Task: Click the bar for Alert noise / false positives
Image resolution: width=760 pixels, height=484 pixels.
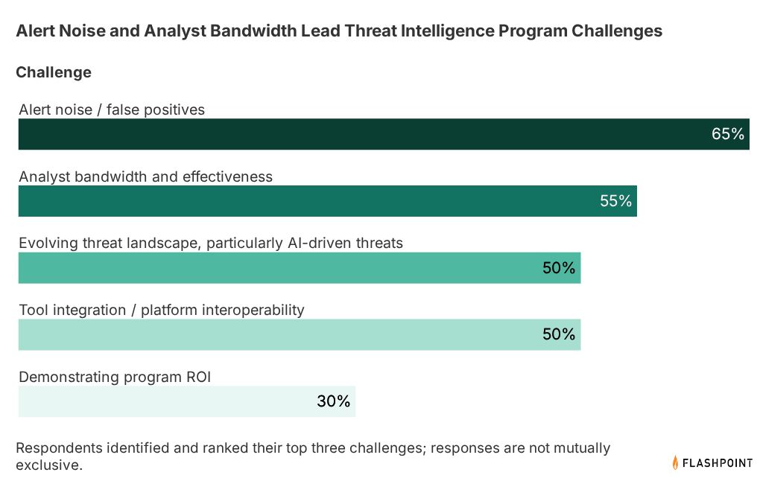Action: (384, 134)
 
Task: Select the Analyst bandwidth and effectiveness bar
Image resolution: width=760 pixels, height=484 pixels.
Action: (328, 200)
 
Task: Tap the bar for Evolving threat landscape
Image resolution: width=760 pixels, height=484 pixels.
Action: (300, 267)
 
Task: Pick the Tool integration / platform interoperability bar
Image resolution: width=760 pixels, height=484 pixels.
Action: (300, 334)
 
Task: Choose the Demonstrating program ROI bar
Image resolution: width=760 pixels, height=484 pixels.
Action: (187, 401)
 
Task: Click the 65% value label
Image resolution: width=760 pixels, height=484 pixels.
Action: (727, 134)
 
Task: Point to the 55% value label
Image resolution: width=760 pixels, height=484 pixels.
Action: (615, 200)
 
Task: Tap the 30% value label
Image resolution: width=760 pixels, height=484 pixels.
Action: (334, 401)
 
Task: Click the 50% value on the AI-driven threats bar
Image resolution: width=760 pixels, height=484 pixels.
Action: (559, 267)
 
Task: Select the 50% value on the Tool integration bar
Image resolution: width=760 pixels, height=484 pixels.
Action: (559, 334)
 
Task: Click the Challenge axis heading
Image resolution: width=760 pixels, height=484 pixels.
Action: (54, 72)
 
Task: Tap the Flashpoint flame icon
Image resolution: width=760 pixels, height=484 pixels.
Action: (675, 462)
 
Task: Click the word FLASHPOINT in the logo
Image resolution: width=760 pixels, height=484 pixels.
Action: (718, 463)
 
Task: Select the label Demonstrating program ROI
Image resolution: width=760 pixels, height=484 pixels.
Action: (115, 377)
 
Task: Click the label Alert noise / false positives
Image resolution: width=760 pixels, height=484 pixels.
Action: (112, 110)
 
